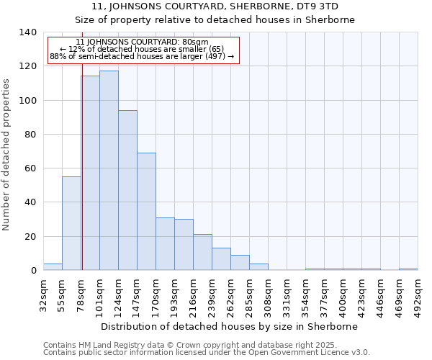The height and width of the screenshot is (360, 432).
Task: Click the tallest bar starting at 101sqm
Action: (109, 170)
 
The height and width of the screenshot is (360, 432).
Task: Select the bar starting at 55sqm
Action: (71, 223)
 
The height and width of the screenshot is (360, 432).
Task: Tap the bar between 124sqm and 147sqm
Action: (127, 190)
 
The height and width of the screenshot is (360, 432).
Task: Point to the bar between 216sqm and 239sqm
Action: (202, 252)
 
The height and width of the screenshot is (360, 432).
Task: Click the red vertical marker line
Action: (82, 180)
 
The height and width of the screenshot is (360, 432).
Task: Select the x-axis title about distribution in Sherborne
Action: (229, 326)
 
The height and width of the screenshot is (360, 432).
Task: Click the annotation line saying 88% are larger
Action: (142, 56)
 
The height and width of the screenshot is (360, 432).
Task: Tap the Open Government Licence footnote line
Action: (207, 352)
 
